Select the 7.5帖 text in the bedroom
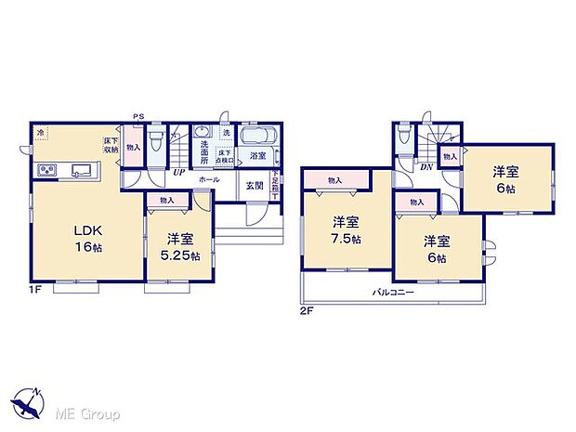[x=347, y=239]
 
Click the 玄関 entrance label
[x=254, y=185]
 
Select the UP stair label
[x=177, y=172]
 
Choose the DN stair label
[x=425, y=167]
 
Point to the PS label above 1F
[x=138, y=116]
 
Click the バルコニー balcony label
[x=394, y=293]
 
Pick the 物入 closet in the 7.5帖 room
[x=335, y=180]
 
